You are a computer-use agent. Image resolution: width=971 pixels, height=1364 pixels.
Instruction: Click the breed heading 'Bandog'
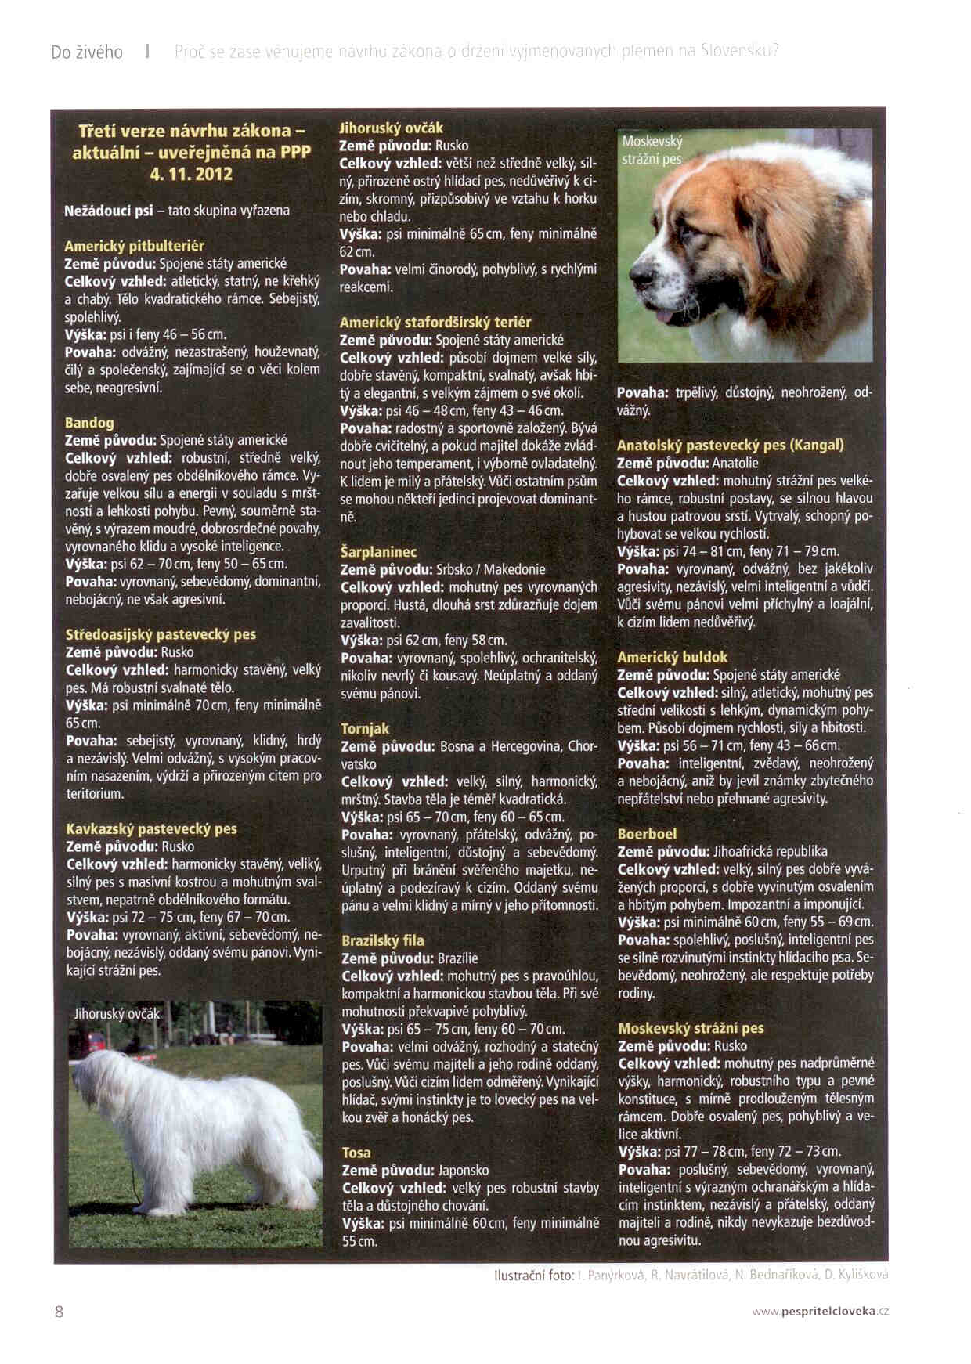pos(89,423)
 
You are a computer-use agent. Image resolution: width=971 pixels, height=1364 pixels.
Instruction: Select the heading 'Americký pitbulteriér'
pos(134,246)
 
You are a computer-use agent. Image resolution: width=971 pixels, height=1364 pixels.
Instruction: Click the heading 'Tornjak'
pos(365,729)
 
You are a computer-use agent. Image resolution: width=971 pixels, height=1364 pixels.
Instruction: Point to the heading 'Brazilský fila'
pos(383,940)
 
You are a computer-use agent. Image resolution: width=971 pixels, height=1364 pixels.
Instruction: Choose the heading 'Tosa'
pos(356,1153)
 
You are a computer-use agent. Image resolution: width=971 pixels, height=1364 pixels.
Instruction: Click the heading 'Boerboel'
pos(647,834)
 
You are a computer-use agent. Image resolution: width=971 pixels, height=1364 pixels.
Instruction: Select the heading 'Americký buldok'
pos(672,657)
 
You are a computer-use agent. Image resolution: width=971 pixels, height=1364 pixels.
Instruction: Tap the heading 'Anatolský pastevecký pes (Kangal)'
pos(730,446)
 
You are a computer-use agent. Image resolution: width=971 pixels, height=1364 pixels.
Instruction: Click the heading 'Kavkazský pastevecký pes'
pos(151,828)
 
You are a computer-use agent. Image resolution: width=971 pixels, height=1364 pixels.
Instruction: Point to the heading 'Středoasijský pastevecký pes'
pos(161,634)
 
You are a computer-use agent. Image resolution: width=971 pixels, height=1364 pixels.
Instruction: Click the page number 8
pos(59,1312)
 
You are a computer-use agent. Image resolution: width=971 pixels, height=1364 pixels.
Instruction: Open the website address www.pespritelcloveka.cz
pos(820,1312)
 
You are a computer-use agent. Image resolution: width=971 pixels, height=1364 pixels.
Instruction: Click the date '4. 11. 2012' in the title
pos(191,174)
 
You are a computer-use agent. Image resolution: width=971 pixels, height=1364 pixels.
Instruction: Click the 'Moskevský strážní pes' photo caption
pos(652,150)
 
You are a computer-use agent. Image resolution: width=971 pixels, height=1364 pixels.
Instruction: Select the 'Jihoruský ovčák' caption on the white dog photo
pos(117,1014)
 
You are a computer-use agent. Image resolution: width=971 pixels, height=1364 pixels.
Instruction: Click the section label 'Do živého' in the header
pos(87,52)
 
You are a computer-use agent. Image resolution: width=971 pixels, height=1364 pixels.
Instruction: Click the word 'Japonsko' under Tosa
pos(463,1171)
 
